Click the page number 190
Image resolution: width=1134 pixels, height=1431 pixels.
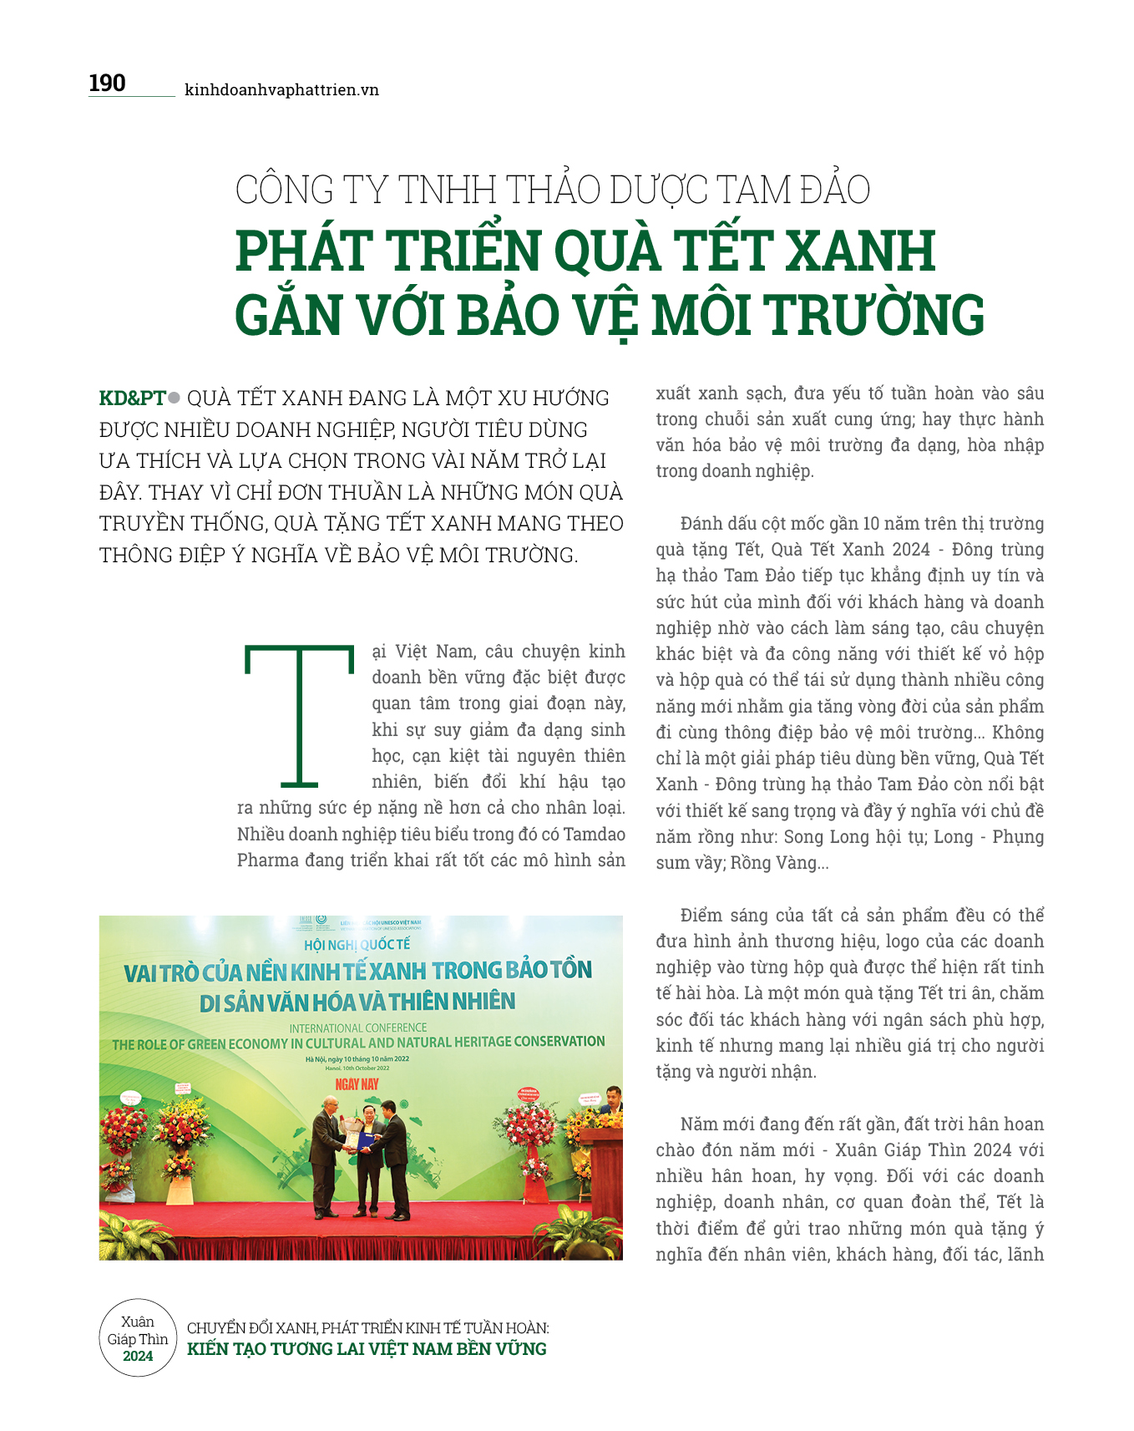tap(107, 84)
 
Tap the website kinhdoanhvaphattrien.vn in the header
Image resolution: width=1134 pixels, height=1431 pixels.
tap(281, 90)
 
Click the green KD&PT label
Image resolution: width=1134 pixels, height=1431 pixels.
tap(132, 398)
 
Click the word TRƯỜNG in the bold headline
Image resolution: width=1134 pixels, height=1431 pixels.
tap(876, 316)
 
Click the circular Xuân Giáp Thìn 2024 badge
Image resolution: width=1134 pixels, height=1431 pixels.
tap(138, 1337)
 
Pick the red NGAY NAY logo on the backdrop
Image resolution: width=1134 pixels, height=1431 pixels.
tap(357, 1084)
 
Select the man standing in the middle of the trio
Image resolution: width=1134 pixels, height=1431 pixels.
tap(366, 1165)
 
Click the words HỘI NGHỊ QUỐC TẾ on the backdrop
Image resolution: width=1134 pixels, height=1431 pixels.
tap(357, 945)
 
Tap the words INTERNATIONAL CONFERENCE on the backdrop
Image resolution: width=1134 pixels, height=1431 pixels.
tap(358, 1028)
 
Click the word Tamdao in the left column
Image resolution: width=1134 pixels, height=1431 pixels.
tap(594, 835)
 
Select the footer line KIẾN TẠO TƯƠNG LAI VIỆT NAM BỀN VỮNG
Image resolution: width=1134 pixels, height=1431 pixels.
tap(367, 1349)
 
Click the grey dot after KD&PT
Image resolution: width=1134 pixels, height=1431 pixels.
tap(175, 398)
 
